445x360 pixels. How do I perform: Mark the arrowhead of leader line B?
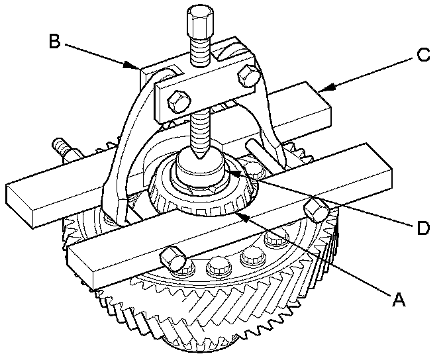[138, 67]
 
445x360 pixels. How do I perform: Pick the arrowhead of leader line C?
[321, 86]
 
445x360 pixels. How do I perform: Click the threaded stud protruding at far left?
[60, 145]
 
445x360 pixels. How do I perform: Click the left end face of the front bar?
[80, 267]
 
